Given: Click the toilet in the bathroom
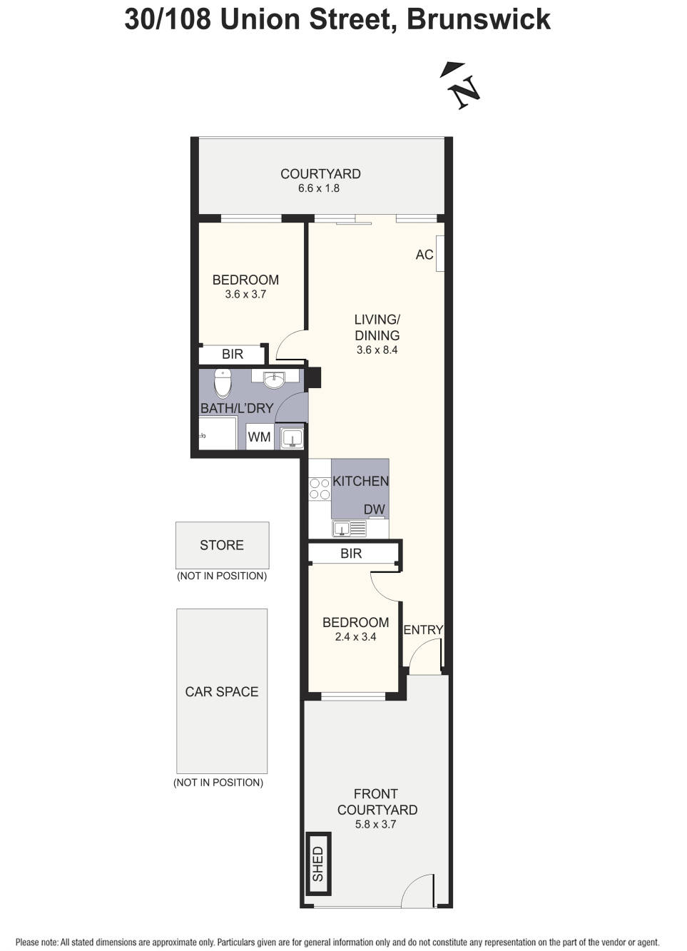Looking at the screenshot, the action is (222, 383).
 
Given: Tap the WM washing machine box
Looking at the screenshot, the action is (260, 437).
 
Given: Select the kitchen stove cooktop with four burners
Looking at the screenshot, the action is (320, 489).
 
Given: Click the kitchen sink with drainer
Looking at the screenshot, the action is (350, 529).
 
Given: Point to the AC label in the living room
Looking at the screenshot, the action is (424, 255).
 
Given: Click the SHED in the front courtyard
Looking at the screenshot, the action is (318, 863).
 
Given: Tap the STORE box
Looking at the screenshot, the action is (222, 546).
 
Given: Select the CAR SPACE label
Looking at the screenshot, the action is (222, 691).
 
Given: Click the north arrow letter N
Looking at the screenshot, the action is (467, 91).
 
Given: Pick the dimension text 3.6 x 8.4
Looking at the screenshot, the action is (377, 350).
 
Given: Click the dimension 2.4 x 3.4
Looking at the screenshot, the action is (355, 636).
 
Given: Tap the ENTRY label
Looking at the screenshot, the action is (423, 630).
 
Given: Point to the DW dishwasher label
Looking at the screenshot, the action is (374, 509).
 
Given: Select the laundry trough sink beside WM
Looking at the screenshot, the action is (291, 437).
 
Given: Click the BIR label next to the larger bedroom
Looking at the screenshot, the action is (233, 354).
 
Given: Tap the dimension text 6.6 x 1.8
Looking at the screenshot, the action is (318, 188).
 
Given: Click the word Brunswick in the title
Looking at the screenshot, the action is (479, 20).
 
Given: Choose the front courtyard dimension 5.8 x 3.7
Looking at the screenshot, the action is (375, 824).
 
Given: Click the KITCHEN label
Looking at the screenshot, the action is (360, 481).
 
